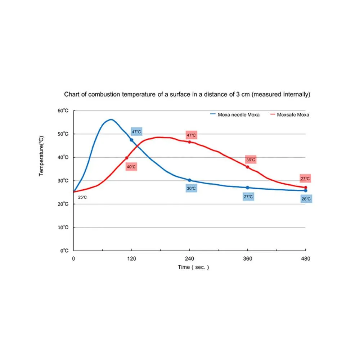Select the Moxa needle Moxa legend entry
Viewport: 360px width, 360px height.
tap(235, 115)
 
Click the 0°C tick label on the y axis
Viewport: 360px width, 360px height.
tap(64, 251)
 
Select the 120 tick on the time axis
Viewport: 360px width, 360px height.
tap(131, 258)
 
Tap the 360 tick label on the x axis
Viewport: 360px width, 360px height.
tap(247, 258)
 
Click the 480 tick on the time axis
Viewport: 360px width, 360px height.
tap(305, 258)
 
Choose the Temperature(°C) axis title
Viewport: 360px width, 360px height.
tap(41, 156)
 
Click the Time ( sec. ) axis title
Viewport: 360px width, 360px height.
tap(193, 267)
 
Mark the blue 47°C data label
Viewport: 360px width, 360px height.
tap(136, 132)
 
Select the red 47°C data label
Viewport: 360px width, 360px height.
tap(191, 135)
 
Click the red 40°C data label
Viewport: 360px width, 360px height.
tap(131, 167)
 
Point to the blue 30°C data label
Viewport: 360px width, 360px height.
tap(191, 188)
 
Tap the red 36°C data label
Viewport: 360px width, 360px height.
tap(251, 159)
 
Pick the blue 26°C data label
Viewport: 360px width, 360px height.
tap(306, 199)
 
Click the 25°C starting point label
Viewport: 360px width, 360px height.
tap(82, 197)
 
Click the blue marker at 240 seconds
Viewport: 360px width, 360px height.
tap(189, 180)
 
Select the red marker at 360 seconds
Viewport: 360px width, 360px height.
tap(247, 167)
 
